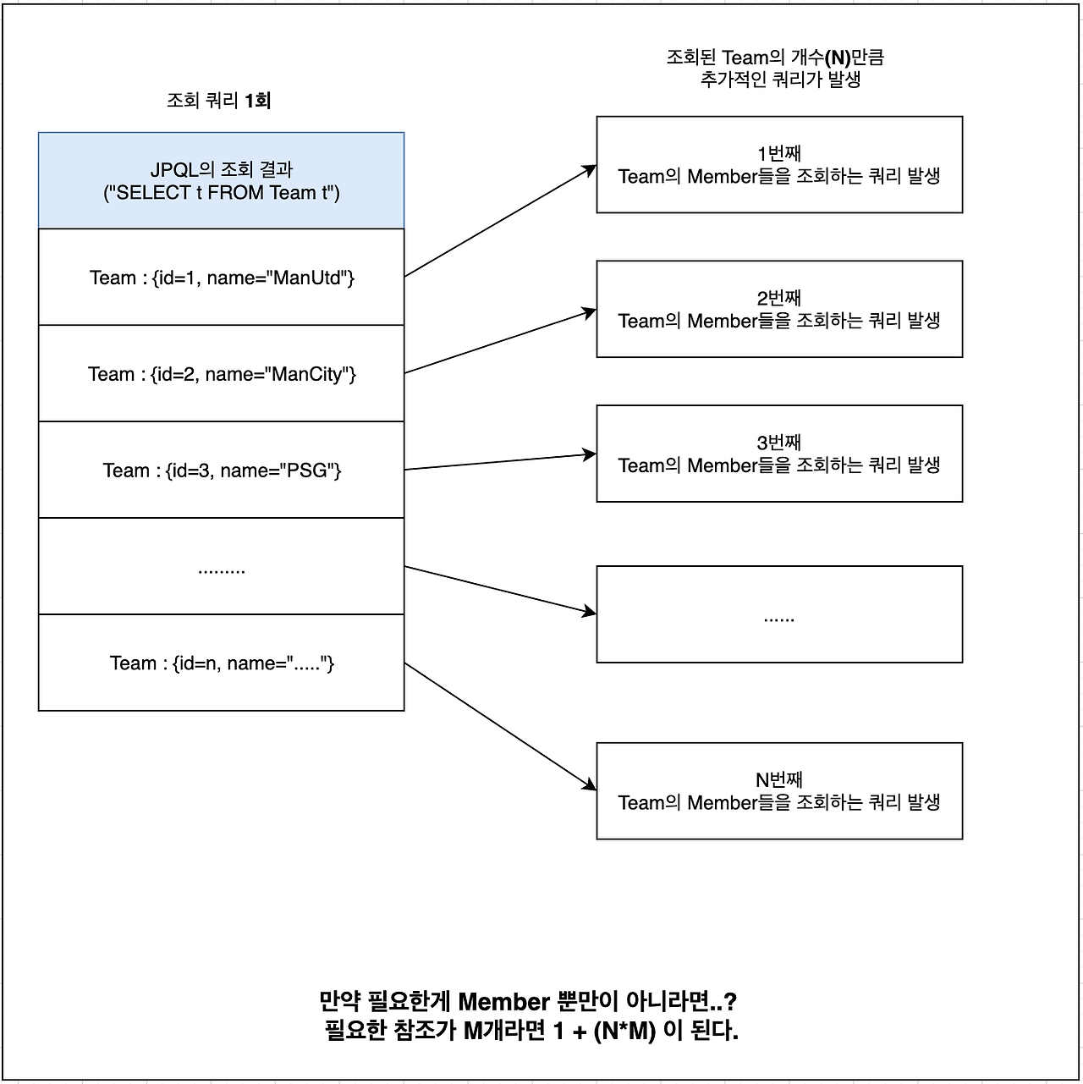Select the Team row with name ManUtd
[x=221, y=278]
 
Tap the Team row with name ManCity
[x=221, y=374]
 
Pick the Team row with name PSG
[x=221, y=470]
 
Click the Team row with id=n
[x=221, y=663]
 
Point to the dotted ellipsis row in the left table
[x=221, y=567]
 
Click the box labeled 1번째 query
[x=779, y=165]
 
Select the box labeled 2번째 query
[x=779, y=310]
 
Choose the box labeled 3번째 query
[x=779, y=454]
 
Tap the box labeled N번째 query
[x=779, y=791]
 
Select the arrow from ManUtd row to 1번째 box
[x=500, y=222]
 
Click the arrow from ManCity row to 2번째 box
[x=500, y=342]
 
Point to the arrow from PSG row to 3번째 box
[x=500, y=462]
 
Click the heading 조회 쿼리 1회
[x=218, y=101]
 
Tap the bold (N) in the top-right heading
[x=838, y=58]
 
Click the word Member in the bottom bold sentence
[x=503, y=1002]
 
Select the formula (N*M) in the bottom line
[x=624, y=1032]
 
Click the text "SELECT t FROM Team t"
[x=221, y=193]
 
